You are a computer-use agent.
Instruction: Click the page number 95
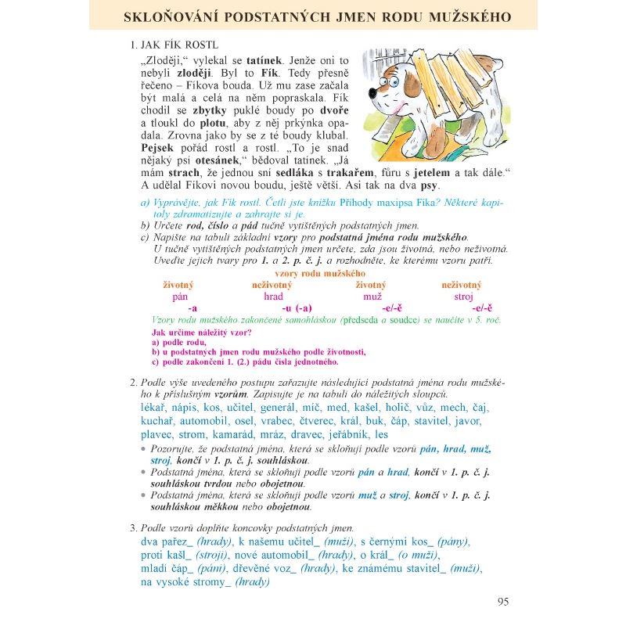[x=503, y=602]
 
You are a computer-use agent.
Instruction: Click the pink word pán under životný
[x=180, y=297]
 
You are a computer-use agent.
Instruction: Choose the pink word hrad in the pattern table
[x=273, y=297]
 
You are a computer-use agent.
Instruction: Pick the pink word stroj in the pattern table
[x=463, y=297]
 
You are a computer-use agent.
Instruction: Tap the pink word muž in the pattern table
[x=372, y=297]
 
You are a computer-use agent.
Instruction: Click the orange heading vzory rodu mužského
[x=321, y=273]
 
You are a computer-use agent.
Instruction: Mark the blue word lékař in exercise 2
[x=154, y=408]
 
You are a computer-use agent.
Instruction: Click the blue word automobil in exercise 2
[x=204, y=421]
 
